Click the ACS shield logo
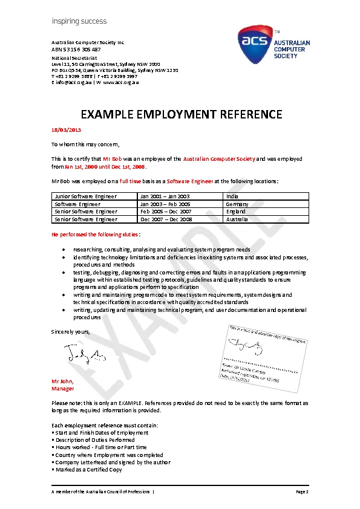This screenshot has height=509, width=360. click(255, 44)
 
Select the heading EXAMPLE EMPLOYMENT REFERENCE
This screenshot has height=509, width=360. click(182, 114)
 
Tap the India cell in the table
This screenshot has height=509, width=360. click(232, 196)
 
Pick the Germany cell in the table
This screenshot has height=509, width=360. click(237, 204)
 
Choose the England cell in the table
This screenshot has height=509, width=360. click(235, 212)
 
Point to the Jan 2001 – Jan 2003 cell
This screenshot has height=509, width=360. click(165, 196)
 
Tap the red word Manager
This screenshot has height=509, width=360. click(63, 389)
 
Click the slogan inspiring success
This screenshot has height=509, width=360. click(79, 21)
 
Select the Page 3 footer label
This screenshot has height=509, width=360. click(303, 493)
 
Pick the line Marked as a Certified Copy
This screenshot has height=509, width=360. click(88, 470)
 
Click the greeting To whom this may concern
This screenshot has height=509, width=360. click(85, 144)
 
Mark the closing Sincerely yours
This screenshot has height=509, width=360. click(71, 332)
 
